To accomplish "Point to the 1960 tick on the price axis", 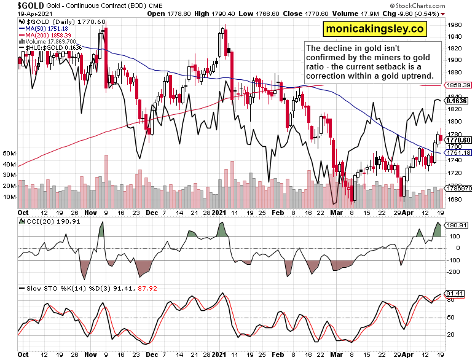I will [455, 25].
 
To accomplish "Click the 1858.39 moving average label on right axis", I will [459, 85].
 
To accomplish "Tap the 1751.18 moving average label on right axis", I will [459, 153].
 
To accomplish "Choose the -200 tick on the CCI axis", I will [455, 271].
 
